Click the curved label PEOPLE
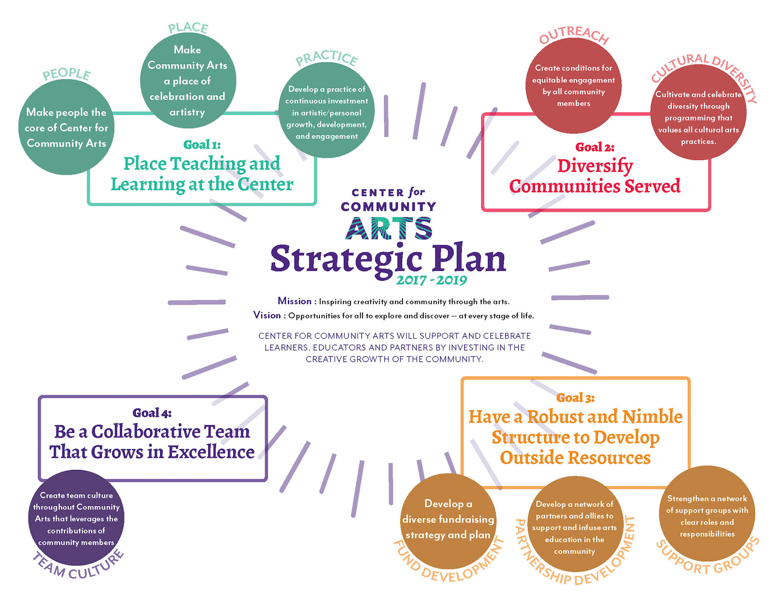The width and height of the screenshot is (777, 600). pos(66,74)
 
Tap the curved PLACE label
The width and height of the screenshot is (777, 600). pos(188,28)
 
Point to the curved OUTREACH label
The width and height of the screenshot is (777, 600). pos(574,36)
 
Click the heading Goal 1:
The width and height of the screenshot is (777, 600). pos(202,144)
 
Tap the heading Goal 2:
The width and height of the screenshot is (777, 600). pos(594,147)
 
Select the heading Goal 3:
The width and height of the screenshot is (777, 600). pos(575,398)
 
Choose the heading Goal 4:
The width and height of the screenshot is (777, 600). pos(152,413)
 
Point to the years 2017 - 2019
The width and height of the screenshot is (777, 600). pos(431,280)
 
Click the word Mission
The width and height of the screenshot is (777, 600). pos(294,301)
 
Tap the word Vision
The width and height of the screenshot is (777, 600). pos(267,315)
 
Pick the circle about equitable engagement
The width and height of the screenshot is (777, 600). pos(573,86)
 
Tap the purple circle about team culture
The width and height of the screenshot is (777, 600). pos(76,518)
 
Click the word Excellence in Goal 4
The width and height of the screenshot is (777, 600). pos(211,452)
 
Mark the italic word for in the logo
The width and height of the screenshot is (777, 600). pos(416,192)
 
